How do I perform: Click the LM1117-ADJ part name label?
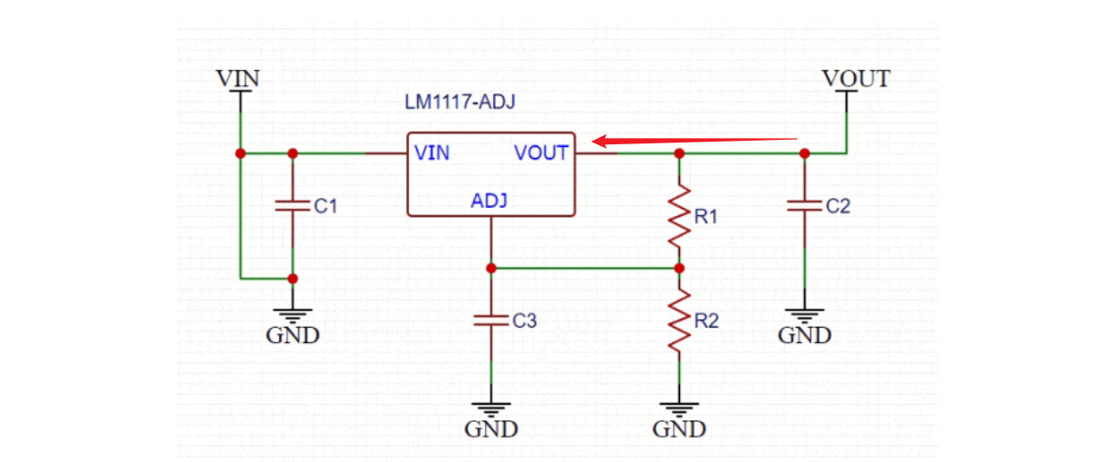click(460, 103)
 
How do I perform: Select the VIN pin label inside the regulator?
click(432, 152)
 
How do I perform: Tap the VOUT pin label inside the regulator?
click(541, 152)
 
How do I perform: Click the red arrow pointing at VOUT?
click(694, 140)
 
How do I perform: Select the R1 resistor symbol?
click(679, 217)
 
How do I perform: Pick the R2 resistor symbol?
click(679, 320)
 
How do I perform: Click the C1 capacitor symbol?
click(292, 206)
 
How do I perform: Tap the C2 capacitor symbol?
click(804, 206)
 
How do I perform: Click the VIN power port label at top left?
click(238, 78)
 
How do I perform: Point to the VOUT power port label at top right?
click(856, 78)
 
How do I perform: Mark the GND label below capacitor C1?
click(292, 335)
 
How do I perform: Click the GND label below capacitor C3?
click(491, 428)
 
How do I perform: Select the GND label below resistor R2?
click(679, 428)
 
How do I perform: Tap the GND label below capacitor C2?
click(804, 335)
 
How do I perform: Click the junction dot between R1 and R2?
click(679, 269)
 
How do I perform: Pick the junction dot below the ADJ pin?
click(491, 269)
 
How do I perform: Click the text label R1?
click(706, 217)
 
